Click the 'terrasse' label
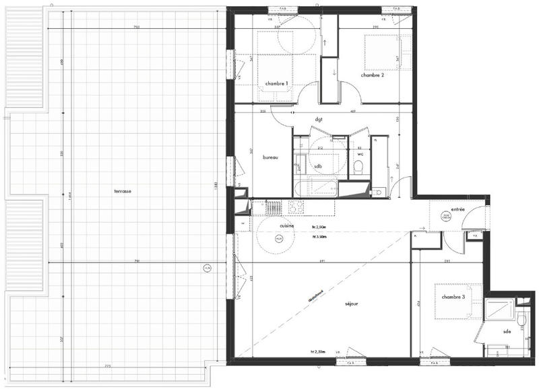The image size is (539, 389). (x=122, y=192)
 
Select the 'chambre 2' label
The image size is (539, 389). (x=372, y=75)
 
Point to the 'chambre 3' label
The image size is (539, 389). (x=453, y=297)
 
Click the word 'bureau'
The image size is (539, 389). (x=270, y=157)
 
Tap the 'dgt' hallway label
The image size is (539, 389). (x=319, y=119)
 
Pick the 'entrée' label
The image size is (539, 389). (x=458, y=209)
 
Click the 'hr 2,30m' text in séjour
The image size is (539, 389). (x=318, y=352)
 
